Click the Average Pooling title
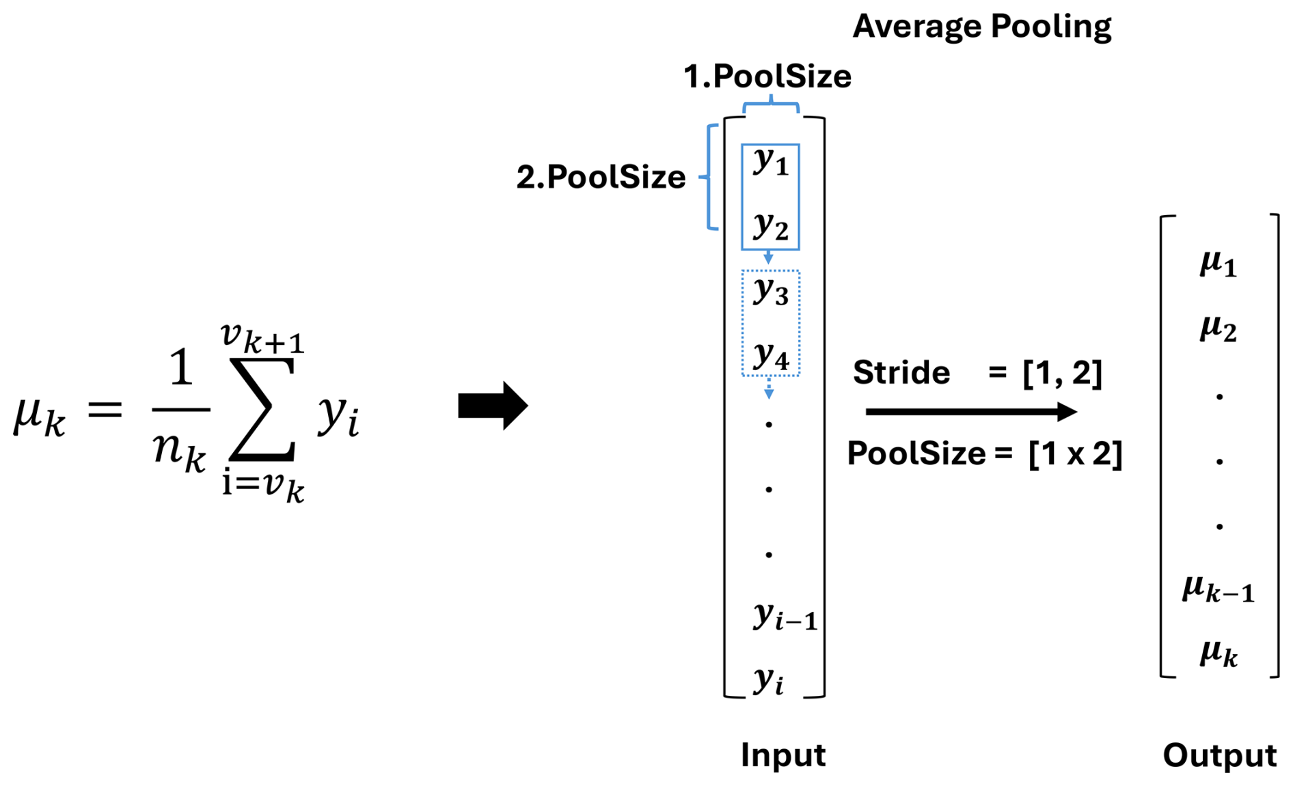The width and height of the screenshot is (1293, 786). coord(981,27)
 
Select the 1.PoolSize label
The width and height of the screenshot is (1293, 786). coord(767,76)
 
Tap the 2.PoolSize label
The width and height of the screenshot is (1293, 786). coord(601,178)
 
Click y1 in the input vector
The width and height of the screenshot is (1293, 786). coord(771,163)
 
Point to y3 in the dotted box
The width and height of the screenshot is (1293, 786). coord(771,291)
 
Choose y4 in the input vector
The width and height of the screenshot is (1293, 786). coord(771,355)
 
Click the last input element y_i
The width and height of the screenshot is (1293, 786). coord(768,680)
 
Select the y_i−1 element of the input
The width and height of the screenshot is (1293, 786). coord(785,616)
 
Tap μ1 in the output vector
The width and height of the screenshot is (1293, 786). coord(1219,264)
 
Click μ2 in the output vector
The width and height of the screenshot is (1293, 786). coord(1219,328)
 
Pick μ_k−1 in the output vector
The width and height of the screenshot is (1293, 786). coord(1219,589)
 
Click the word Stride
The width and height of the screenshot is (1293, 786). coord(901,373)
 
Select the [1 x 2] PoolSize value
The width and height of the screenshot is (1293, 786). coord(1075,454)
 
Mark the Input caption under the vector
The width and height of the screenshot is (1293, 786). coord(783,755)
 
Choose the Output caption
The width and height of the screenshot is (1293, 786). coord(1219,755)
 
